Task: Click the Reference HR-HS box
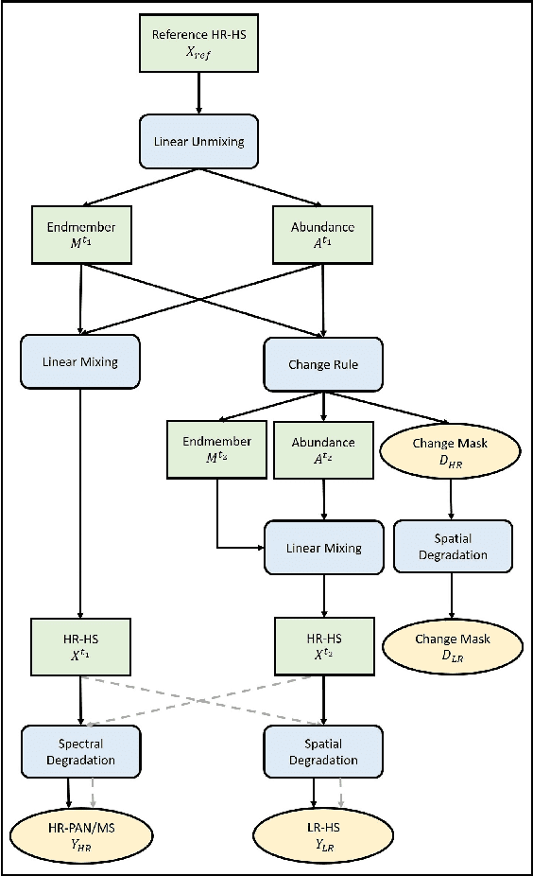(198, 44)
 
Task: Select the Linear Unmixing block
(198, 141)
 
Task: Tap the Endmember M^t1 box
(80, 235)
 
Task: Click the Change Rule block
(324, 362)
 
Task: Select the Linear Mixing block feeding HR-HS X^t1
(80, 361)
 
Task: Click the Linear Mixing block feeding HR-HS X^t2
(324, 548)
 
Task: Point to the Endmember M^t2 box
(216, 449)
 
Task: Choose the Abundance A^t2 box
(324, 449)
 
